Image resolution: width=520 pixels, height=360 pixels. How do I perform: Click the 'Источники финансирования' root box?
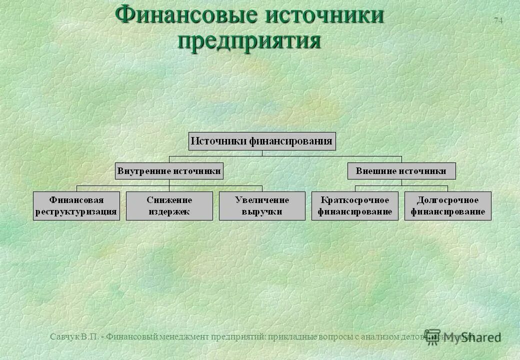(262, 141)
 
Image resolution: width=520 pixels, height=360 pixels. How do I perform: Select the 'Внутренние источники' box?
(169, 171)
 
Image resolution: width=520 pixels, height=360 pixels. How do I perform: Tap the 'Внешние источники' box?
(401, 171)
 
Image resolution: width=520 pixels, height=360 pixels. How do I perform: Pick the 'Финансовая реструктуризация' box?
(76, 205)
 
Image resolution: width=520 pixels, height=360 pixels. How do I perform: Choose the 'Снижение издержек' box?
(169, 205)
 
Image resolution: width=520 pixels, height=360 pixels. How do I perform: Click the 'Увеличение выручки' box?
(262, 205)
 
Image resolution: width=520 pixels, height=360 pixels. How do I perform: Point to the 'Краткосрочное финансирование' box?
(355, 205)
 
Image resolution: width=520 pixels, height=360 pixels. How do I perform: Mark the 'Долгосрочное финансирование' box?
(448, 205)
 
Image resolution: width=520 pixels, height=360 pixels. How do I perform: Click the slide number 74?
(498, 20)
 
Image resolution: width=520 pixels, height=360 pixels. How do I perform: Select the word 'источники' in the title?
(324, 15)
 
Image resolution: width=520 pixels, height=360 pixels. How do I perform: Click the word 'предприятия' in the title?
(249, 40)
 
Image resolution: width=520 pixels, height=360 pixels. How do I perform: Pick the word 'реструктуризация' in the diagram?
(76, 211)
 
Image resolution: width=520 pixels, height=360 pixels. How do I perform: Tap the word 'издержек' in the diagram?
(169, 211)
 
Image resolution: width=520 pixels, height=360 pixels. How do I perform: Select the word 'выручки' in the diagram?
(262, 211)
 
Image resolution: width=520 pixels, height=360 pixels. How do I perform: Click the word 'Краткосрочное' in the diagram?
(355, 200)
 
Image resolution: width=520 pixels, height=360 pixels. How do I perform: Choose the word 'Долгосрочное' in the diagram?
(448, 200)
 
